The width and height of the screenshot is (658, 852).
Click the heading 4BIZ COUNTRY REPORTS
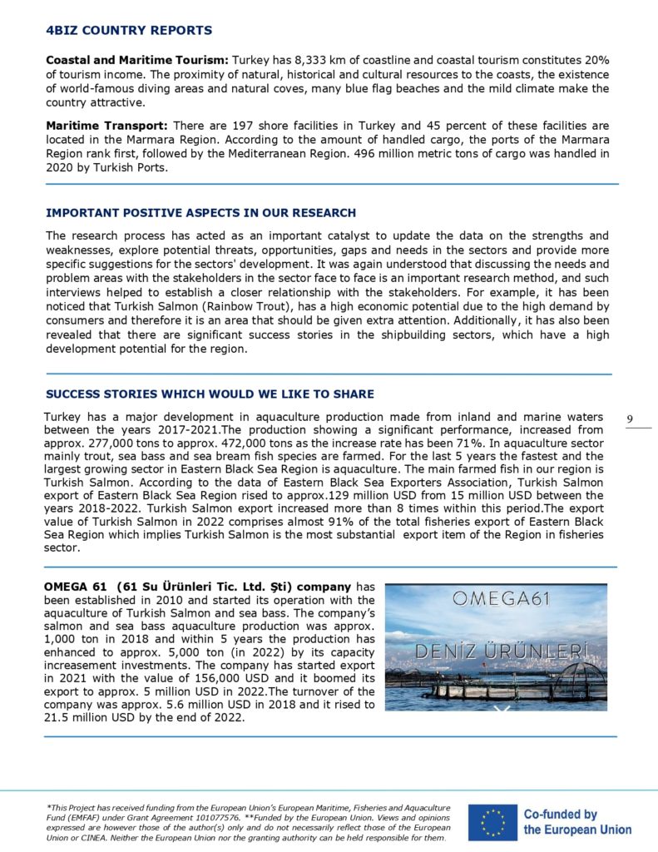pos(129,31)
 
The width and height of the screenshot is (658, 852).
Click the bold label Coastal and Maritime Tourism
pos(137,61)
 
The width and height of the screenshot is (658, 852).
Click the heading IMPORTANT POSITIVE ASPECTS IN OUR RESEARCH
pos(200,213)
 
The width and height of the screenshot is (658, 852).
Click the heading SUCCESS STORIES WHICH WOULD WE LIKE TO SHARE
pos(210,394)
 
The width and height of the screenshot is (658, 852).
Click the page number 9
pos(630,418)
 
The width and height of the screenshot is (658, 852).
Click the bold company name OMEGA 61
pos(75,587)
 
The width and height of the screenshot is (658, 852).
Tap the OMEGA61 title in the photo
pos(495,597)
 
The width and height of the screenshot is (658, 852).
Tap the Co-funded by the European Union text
pos(576,821)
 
